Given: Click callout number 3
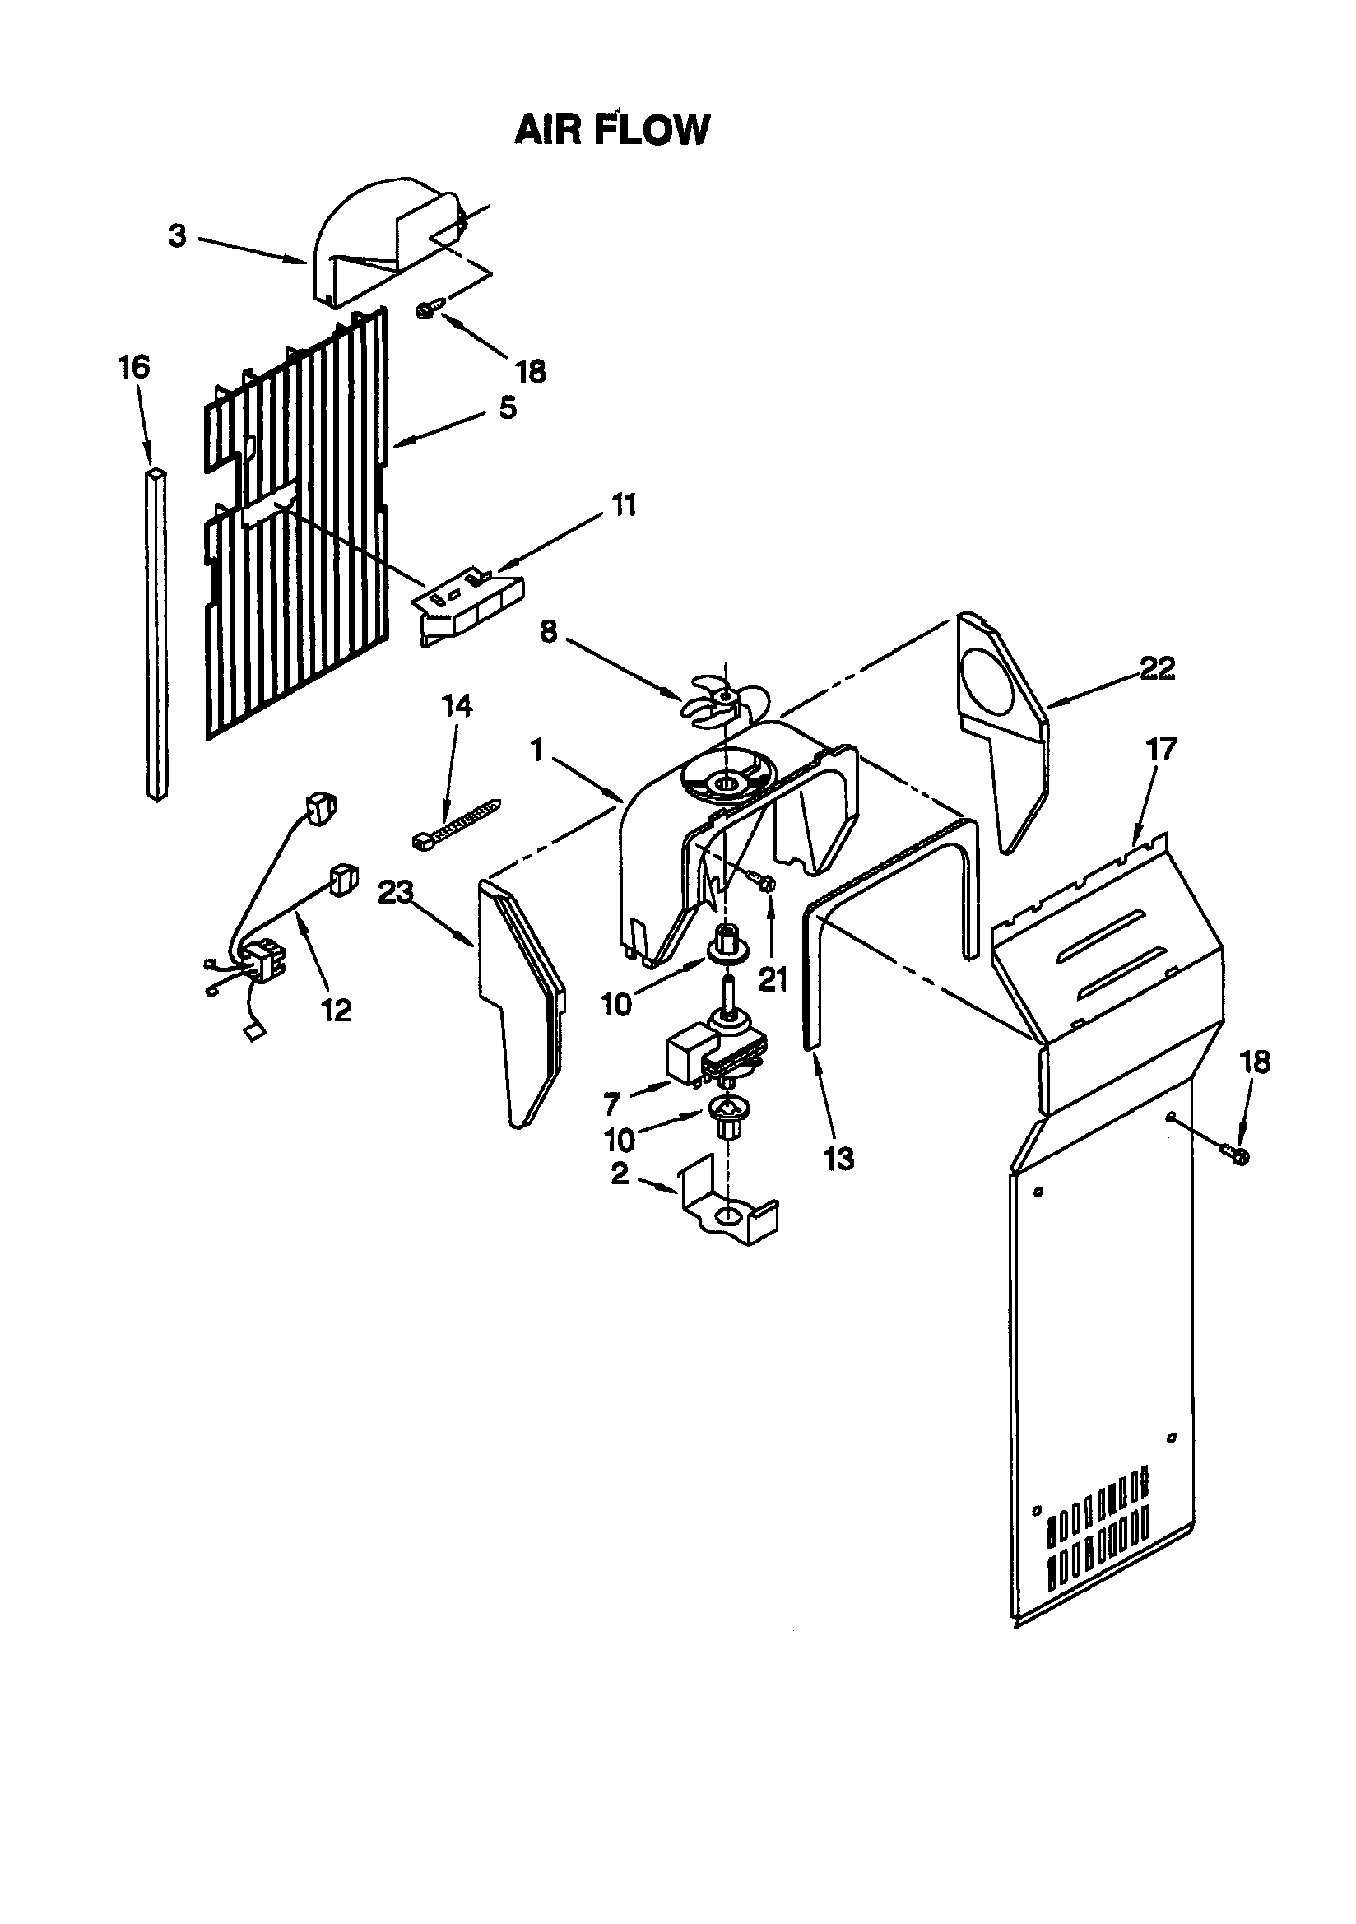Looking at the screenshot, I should click(x=177, y=236).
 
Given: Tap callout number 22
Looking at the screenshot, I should click(x=1157, y=668).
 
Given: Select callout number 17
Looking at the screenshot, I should click(x=1162, y=748).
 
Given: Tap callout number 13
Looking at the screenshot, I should click(x=838, y=1158).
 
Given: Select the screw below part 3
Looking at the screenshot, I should click(x=425, y=311).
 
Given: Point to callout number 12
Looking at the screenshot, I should click(x=336, y=1011).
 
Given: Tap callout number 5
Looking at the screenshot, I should click(x=508, y=408).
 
